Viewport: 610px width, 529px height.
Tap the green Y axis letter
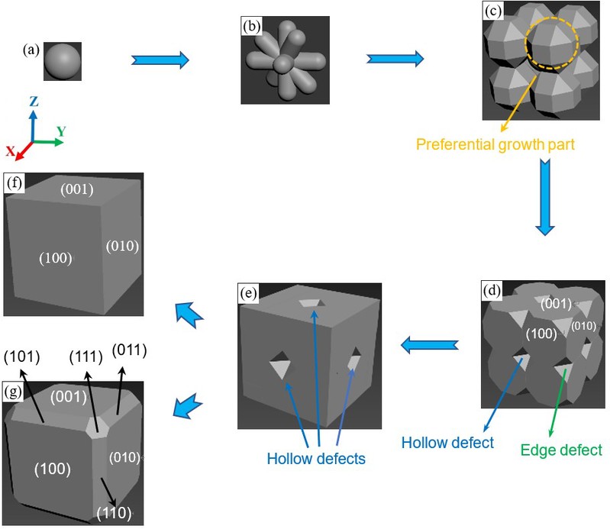[x=60, y=131]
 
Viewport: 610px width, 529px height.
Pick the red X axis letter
[x=11, y=152]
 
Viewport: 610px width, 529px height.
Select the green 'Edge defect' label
[x=561, y=450]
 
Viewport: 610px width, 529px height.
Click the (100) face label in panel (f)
[x=55, y=259]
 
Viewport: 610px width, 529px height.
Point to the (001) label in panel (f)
[x=79, y=190]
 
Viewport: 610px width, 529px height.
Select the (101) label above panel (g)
[x=21, y=357]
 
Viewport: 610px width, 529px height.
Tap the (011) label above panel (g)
[x=130, y=350]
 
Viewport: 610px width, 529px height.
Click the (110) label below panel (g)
[x=112, y=511]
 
